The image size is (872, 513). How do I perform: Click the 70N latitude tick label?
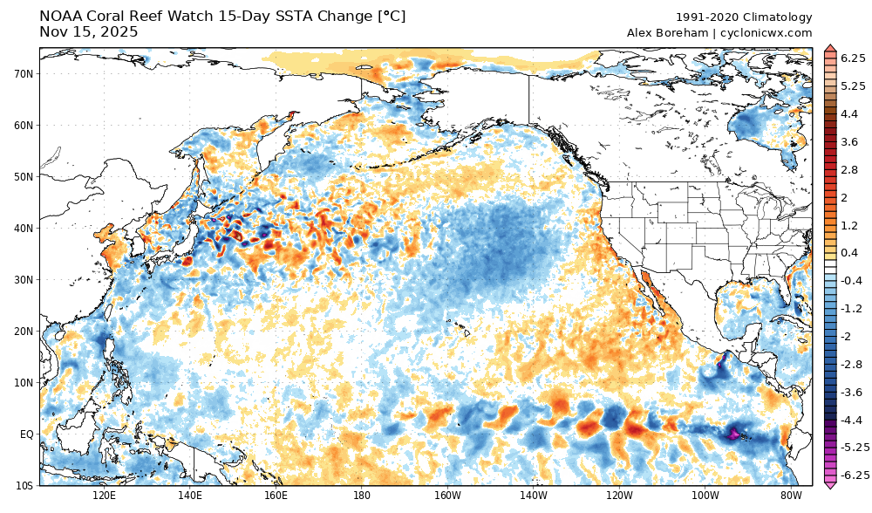tap(24, 73)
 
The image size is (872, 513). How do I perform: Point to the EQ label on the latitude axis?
tap(26, 434)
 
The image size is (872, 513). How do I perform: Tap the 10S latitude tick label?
tap(24, 485)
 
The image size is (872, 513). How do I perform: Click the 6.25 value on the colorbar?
tap(853, 58)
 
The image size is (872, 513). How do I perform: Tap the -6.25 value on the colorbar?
tap(851, 475)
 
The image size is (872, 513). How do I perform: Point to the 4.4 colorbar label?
tap(848, 113)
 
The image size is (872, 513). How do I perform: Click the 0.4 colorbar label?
tap(848, 252)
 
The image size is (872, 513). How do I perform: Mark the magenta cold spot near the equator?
tap(733, 433)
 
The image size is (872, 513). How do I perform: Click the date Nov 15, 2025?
tap(88, 32)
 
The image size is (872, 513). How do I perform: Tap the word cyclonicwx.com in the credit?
tap(766, 33)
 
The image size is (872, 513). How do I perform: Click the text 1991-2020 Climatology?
tap(744, 17)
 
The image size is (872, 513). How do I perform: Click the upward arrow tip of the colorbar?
tap(829, 46)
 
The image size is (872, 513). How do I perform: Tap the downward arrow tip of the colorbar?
tap(829, 485)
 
